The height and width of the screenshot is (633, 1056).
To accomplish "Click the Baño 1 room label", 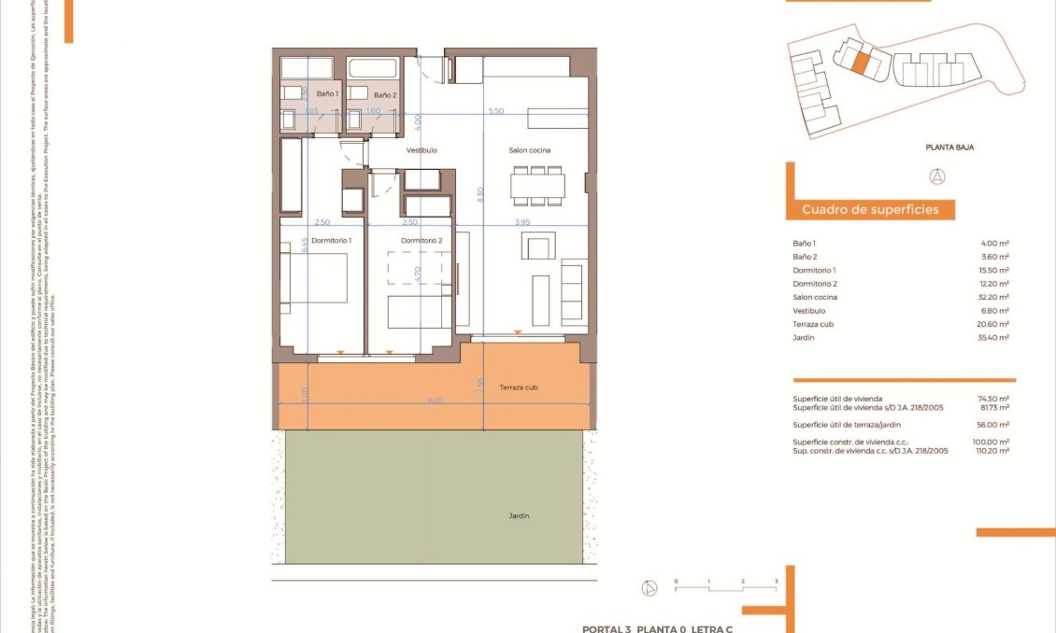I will coord(327,94).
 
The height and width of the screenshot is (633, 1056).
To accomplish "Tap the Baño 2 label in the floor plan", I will coord(385,95).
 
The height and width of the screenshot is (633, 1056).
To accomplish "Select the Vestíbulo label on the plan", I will coord(421,150).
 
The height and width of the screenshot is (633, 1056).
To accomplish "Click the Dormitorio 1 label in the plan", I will coord(331,241).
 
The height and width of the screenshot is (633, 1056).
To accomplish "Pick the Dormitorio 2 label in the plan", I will coord(421,241).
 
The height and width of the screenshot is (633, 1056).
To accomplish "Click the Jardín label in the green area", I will coord(519,514).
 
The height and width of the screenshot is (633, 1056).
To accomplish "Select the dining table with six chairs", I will coord(536,186).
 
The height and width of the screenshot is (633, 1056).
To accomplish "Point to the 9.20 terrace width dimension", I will coord(435,400).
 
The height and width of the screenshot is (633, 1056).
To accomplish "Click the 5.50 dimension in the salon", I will coord(496,111).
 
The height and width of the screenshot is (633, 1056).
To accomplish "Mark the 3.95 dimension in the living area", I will coord(523,222).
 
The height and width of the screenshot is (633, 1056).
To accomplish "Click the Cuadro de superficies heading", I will coord(870,210).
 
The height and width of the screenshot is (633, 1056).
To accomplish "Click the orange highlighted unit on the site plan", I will coord(862,62).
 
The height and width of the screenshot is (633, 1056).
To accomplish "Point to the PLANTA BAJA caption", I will coord(949,147).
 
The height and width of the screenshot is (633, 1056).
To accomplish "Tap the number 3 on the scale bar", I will coord(776,581).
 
